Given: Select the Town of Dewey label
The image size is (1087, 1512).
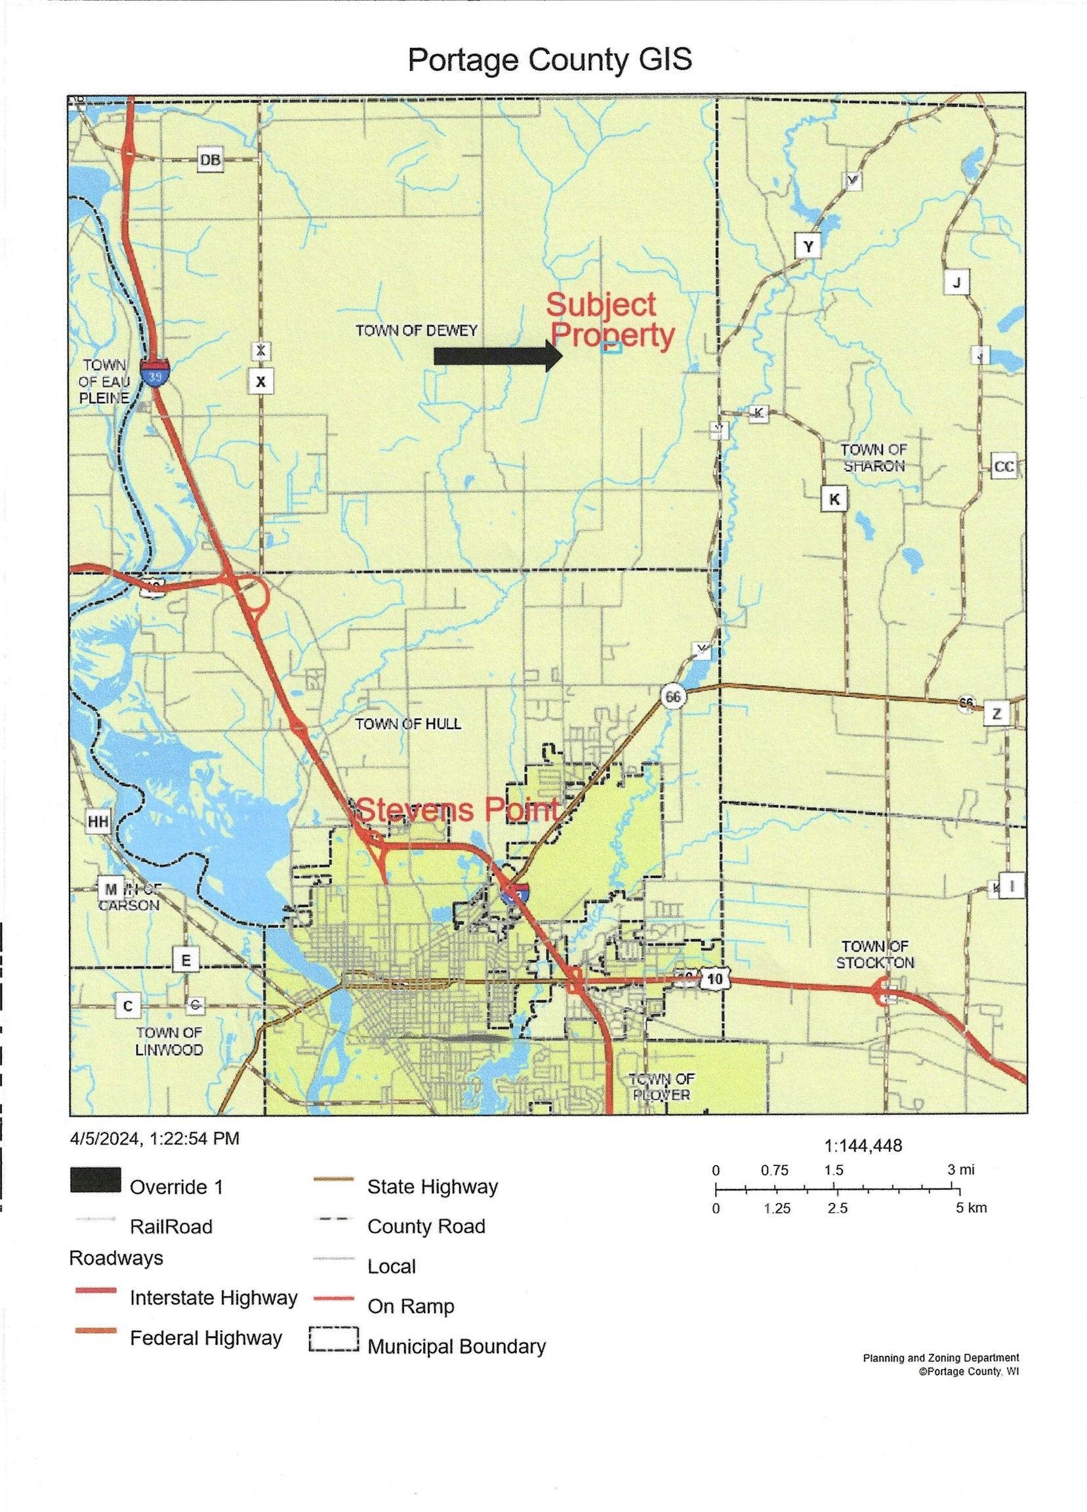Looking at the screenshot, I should (x=416, y=331).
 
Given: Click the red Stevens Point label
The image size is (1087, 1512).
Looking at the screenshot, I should (x=457, y=809).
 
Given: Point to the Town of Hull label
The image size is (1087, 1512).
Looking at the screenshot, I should (x=408, y=724).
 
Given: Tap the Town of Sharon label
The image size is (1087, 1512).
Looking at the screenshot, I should (x=873, y=457).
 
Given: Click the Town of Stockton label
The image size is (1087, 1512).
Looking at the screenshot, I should (x=875, y=954).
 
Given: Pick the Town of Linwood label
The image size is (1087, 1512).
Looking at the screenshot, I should (x=169, y=1041).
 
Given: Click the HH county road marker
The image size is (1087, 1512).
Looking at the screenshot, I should (x=98, y=822).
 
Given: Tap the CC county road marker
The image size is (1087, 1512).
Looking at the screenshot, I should (x=1004, y=467).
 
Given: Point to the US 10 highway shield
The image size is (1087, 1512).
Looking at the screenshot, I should (x=715, y=979).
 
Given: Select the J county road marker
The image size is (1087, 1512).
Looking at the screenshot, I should (x=957, y=283).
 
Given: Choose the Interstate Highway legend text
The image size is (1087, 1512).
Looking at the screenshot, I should (x=213, y=1298).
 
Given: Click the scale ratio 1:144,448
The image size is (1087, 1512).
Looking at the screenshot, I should (x=863, y=1146).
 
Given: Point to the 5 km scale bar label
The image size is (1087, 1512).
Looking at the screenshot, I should (x=971, y=1207).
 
